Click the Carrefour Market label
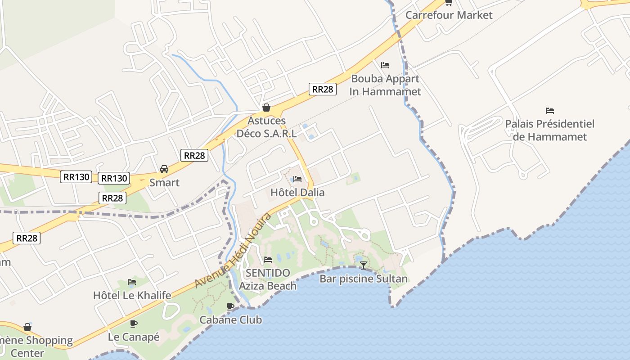pyautogui.click(x=449, y=15)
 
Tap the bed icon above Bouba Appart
pyautogui.click(x=385, y=65)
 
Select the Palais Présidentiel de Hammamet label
pyautogui.click(x=549, y=130)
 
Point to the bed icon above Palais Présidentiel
pyautogui.click(x=549, y=110)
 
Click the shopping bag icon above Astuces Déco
pyautogui.click(x=266, y=108)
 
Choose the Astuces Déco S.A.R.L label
pyautogui.click(x=267, y=127)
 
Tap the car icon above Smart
pyautogui.click(x=164, y=169)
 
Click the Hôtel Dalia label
pyautogui.click(x=297, y=192)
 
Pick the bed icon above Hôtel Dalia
pyautogui.click(x=297, y=179)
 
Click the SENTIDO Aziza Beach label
pyautogui.click(x=268, y=279)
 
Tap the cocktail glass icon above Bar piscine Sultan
pyautogui.click(x=363, y=265)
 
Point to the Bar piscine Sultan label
pyautogui.click(x=363, y=279)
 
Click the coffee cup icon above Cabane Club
pyautogui.click(x=230, y=306)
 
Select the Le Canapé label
pyautogui.click(x=134, y=337)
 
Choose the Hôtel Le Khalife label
pyautogui.click(x=132, y=295)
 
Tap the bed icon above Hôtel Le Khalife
pyautogui.click(x=132, y=282)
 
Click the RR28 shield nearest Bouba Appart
pyautogui.click(x=323, y=89)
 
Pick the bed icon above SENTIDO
pyautogui.click(x=268, y=260)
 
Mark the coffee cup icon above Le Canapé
pyautogui.click(x=134, y=324)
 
